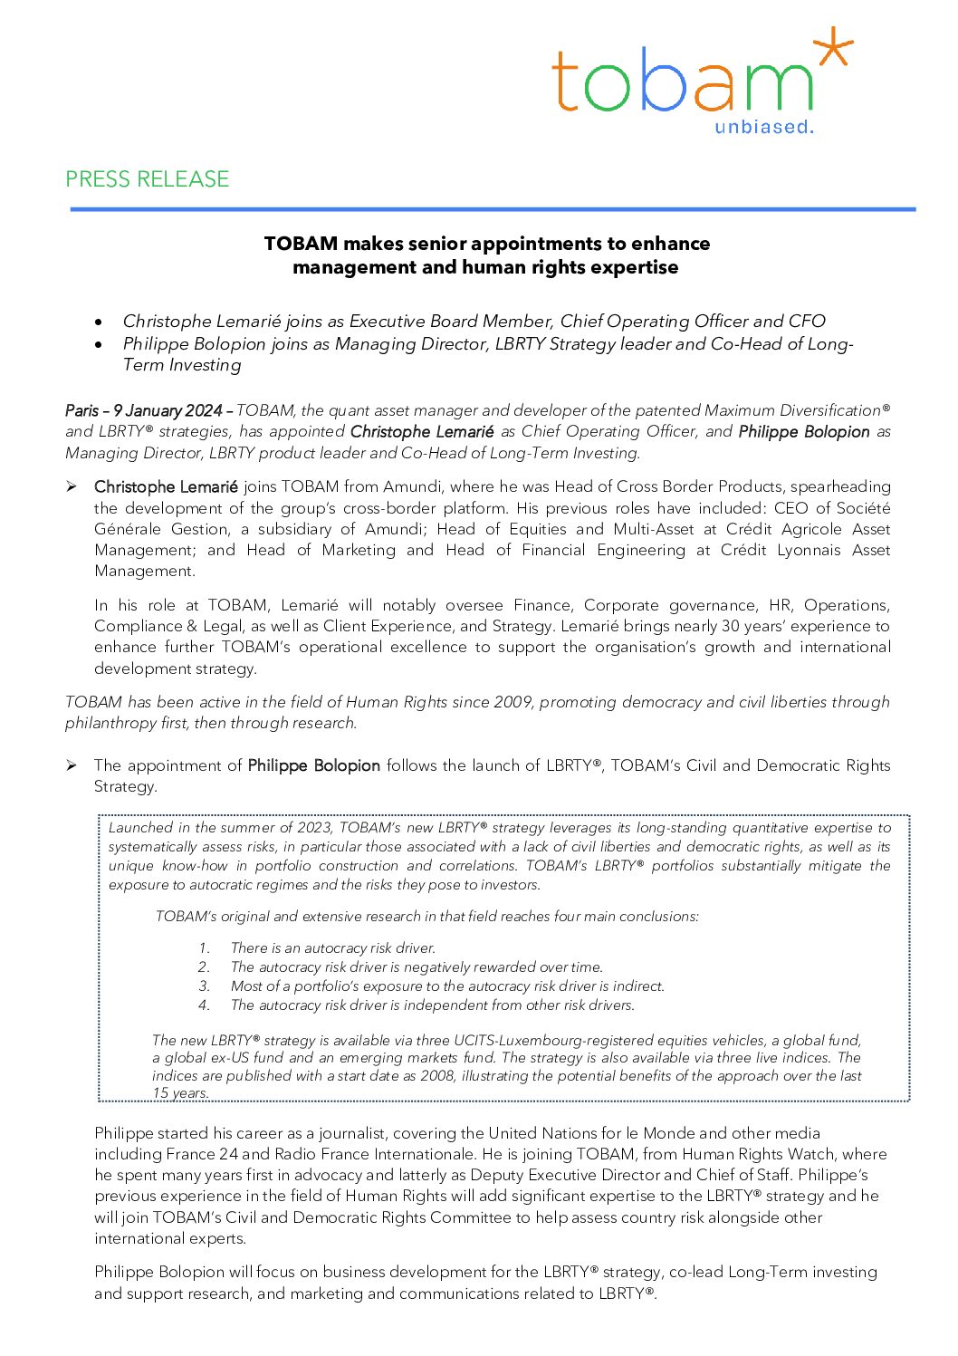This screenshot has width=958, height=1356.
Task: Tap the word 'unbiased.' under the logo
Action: click(x=763, y=127)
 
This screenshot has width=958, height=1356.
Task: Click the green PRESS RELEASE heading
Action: click(x=147, y=179)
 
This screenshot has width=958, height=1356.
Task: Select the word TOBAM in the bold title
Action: click(x=301, y=244)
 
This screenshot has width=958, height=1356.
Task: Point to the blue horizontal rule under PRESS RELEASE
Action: click(x=493, y=209)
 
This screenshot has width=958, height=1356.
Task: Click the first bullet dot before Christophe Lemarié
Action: click(x=99, y=322)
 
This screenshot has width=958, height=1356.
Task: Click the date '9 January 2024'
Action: click(x=168, y=410)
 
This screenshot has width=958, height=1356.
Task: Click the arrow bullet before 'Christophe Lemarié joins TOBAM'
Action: click(x=71, y=486)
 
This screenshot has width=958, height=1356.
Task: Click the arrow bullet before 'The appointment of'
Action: click(x=71, y=765)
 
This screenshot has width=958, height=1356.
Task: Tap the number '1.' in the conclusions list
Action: click(x=205, y=948)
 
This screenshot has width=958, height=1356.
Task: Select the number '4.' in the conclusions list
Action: click(x=205, y=1005)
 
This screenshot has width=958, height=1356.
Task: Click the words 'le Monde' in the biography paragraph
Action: click(x=662, y=1133)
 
